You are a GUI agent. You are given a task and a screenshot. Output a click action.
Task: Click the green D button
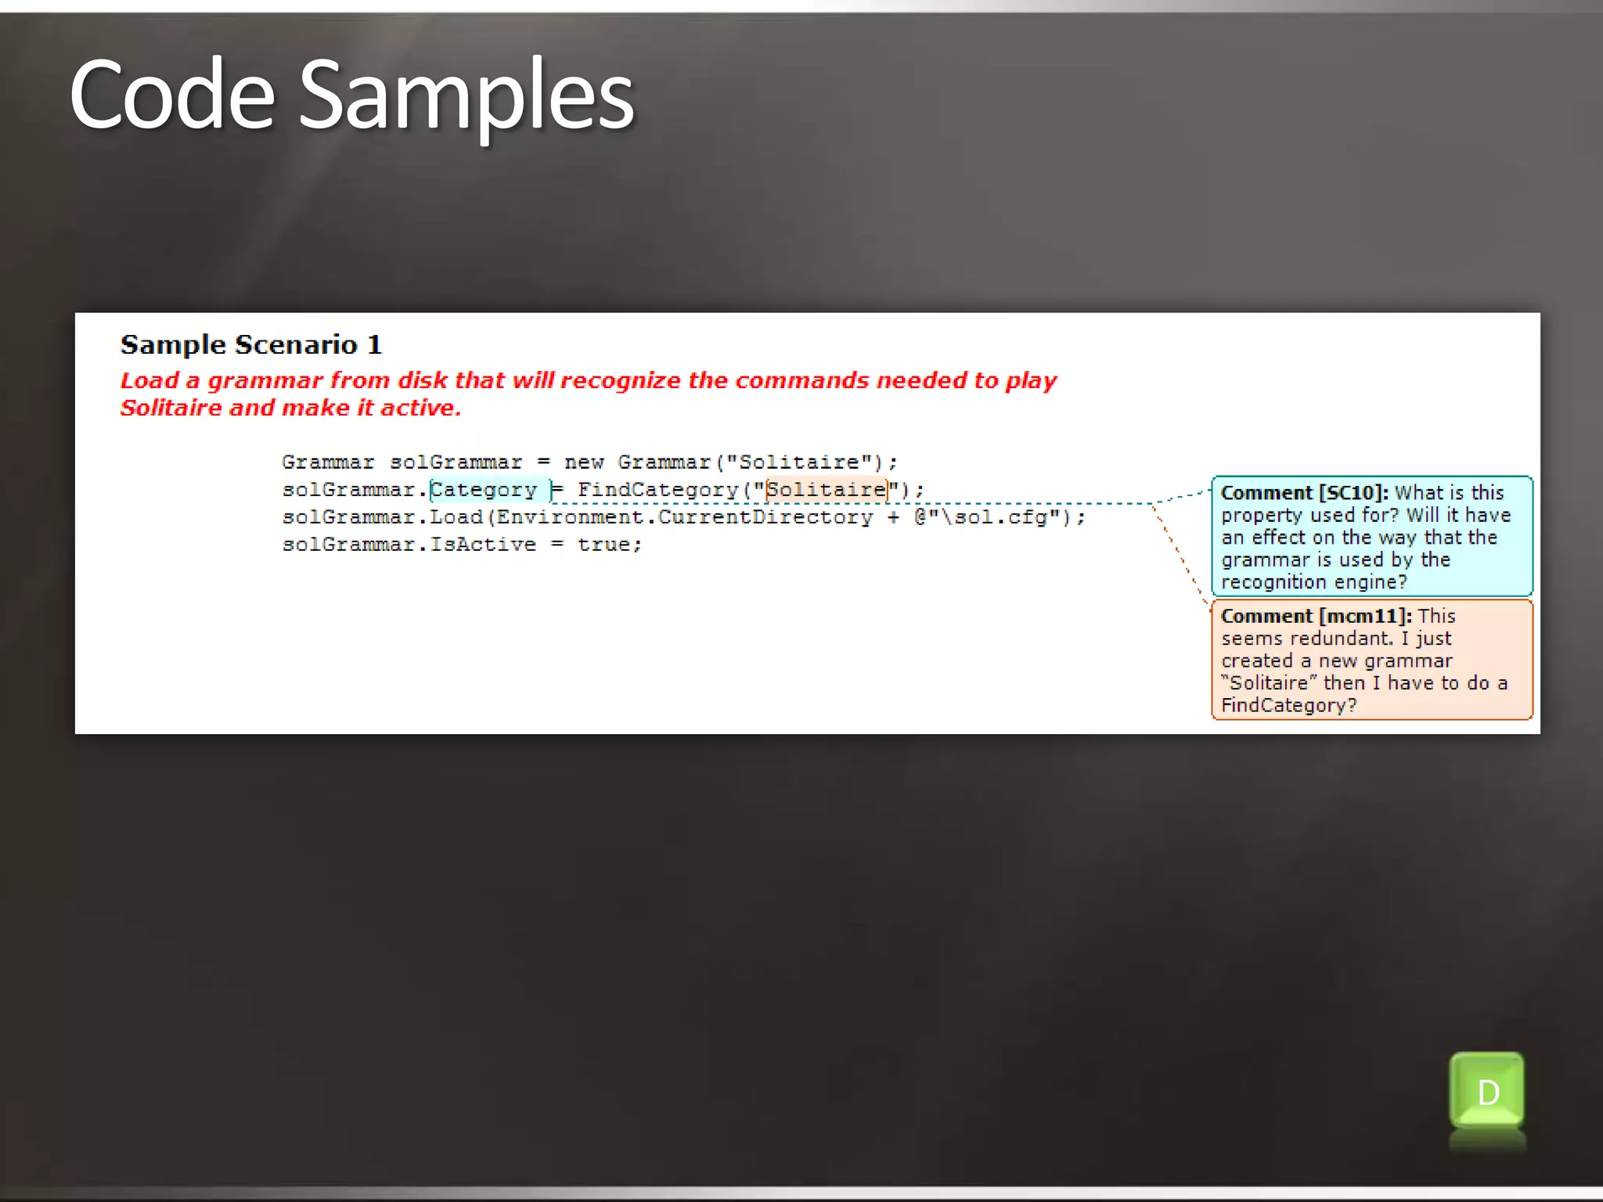pyautogui.click(x=1486, y=1091)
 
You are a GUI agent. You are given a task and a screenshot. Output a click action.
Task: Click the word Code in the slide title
pyautogui.click(x=172, y=95)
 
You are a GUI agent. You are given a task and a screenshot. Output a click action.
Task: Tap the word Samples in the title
pyautogui.click(x=466, y=95)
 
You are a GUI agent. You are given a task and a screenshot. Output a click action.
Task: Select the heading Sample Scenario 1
pyautogui.click(x=251, y=345)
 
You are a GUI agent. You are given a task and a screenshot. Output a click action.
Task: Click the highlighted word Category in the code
pyautogui.click(x=484, y=490)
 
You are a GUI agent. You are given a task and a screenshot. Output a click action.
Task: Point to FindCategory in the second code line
pyautogui.click(x=658, y=490)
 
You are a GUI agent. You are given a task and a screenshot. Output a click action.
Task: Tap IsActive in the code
pyautogui.click(x=483, y=545)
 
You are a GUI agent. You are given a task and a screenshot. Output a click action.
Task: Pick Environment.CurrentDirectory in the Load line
pyautogui.click(x=684, y=517)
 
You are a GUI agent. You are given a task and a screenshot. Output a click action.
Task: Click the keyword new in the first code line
pyautogui.click(x=584, y=462)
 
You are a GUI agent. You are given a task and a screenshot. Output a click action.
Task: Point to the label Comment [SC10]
pyautogui.click(x=1304, y=493)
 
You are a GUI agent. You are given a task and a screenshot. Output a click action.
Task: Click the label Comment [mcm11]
pyautogui.click(x=1316, y=617)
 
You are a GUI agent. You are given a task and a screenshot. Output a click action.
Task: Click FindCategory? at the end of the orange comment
pyautogui.click(x=1288, y=706)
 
